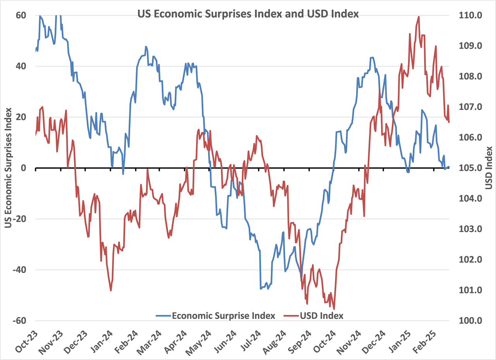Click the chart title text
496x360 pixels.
[x=248, y=14]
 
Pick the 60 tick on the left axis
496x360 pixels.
[x=21, y=16]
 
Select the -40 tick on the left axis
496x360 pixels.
[x=19, y=270]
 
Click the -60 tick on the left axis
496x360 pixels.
[x=19, y=321]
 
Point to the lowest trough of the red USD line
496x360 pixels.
[x=334, y=309]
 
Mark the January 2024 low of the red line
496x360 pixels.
[x=111, y=290]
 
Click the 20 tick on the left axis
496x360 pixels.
[x=21, y=117]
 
